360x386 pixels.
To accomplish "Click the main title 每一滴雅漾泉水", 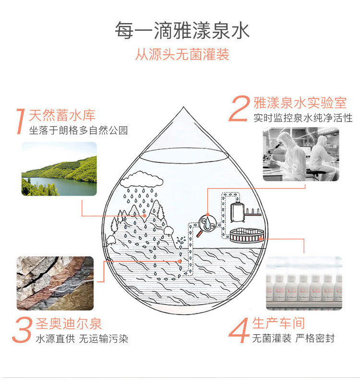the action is [182, 30].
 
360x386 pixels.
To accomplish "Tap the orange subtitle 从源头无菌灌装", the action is [182, 54].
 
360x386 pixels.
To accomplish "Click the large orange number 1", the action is [21, 121].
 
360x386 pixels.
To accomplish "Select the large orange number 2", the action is [239, 109].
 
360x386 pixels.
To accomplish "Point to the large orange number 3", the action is [22, 330].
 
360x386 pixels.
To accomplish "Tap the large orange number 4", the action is [239, 330].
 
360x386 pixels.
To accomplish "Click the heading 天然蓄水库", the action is [62, 115].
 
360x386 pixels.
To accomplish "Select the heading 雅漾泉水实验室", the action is [300, 103].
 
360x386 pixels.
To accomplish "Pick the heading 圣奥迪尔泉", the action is [69, 324].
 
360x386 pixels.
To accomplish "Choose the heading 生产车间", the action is [278, 323].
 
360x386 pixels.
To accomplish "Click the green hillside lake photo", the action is [59, 169].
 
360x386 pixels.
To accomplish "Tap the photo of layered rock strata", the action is [55, 283].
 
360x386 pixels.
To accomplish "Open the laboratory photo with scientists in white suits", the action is [301, 154].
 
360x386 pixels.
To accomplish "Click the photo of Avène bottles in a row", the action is [304, 283].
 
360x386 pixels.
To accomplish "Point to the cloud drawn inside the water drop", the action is [142, 180].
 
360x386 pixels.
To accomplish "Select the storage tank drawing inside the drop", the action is [238, 211].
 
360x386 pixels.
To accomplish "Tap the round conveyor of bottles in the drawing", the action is [247, 235].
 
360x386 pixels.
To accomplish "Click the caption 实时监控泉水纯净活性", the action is [303, 118].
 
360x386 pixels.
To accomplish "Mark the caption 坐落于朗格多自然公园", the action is [78, 130].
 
